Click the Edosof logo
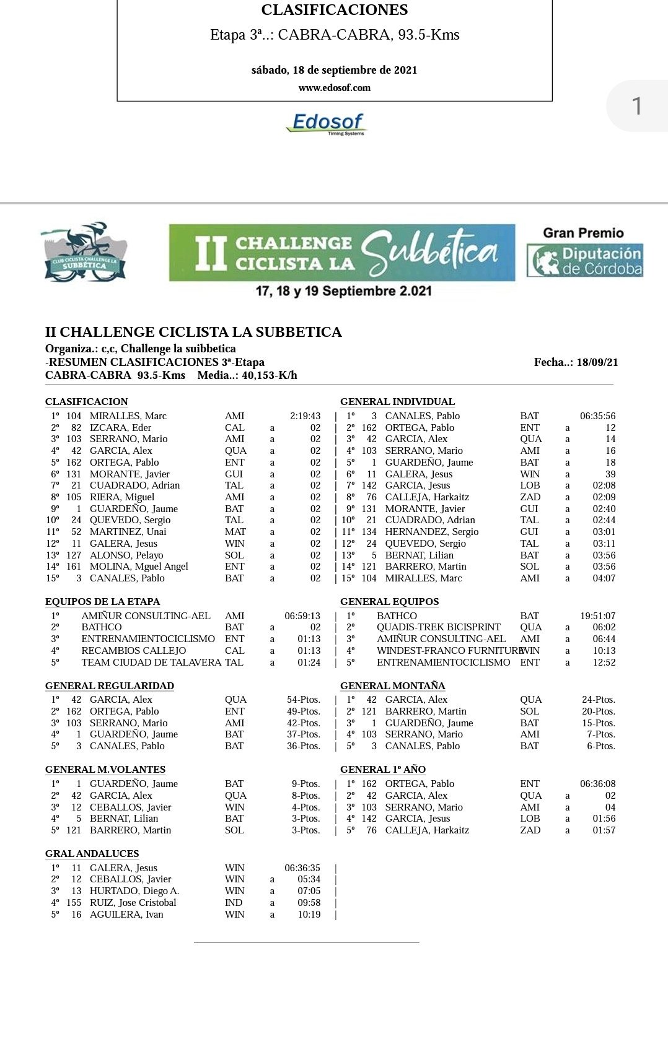327,123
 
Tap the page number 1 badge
636,106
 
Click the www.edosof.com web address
334,88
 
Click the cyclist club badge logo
84,253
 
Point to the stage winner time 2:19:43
305,416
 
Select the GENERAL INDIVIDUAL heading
397,402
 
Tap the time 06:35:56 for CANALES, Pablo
597,416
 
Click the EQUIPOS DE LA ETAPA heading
102,602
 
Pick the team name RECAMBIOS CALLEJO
133,651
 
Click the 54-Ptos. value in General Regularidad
303,700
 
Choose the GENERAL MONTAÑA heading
392,686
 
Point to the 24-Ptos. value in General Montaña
598,700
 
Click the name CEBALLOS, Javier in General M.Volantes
130,807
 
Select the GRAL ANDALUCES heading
92,854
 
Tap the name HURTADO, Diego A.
134,891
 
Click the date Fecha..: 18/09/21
576,363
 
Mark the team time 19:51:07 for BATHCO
597,616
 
